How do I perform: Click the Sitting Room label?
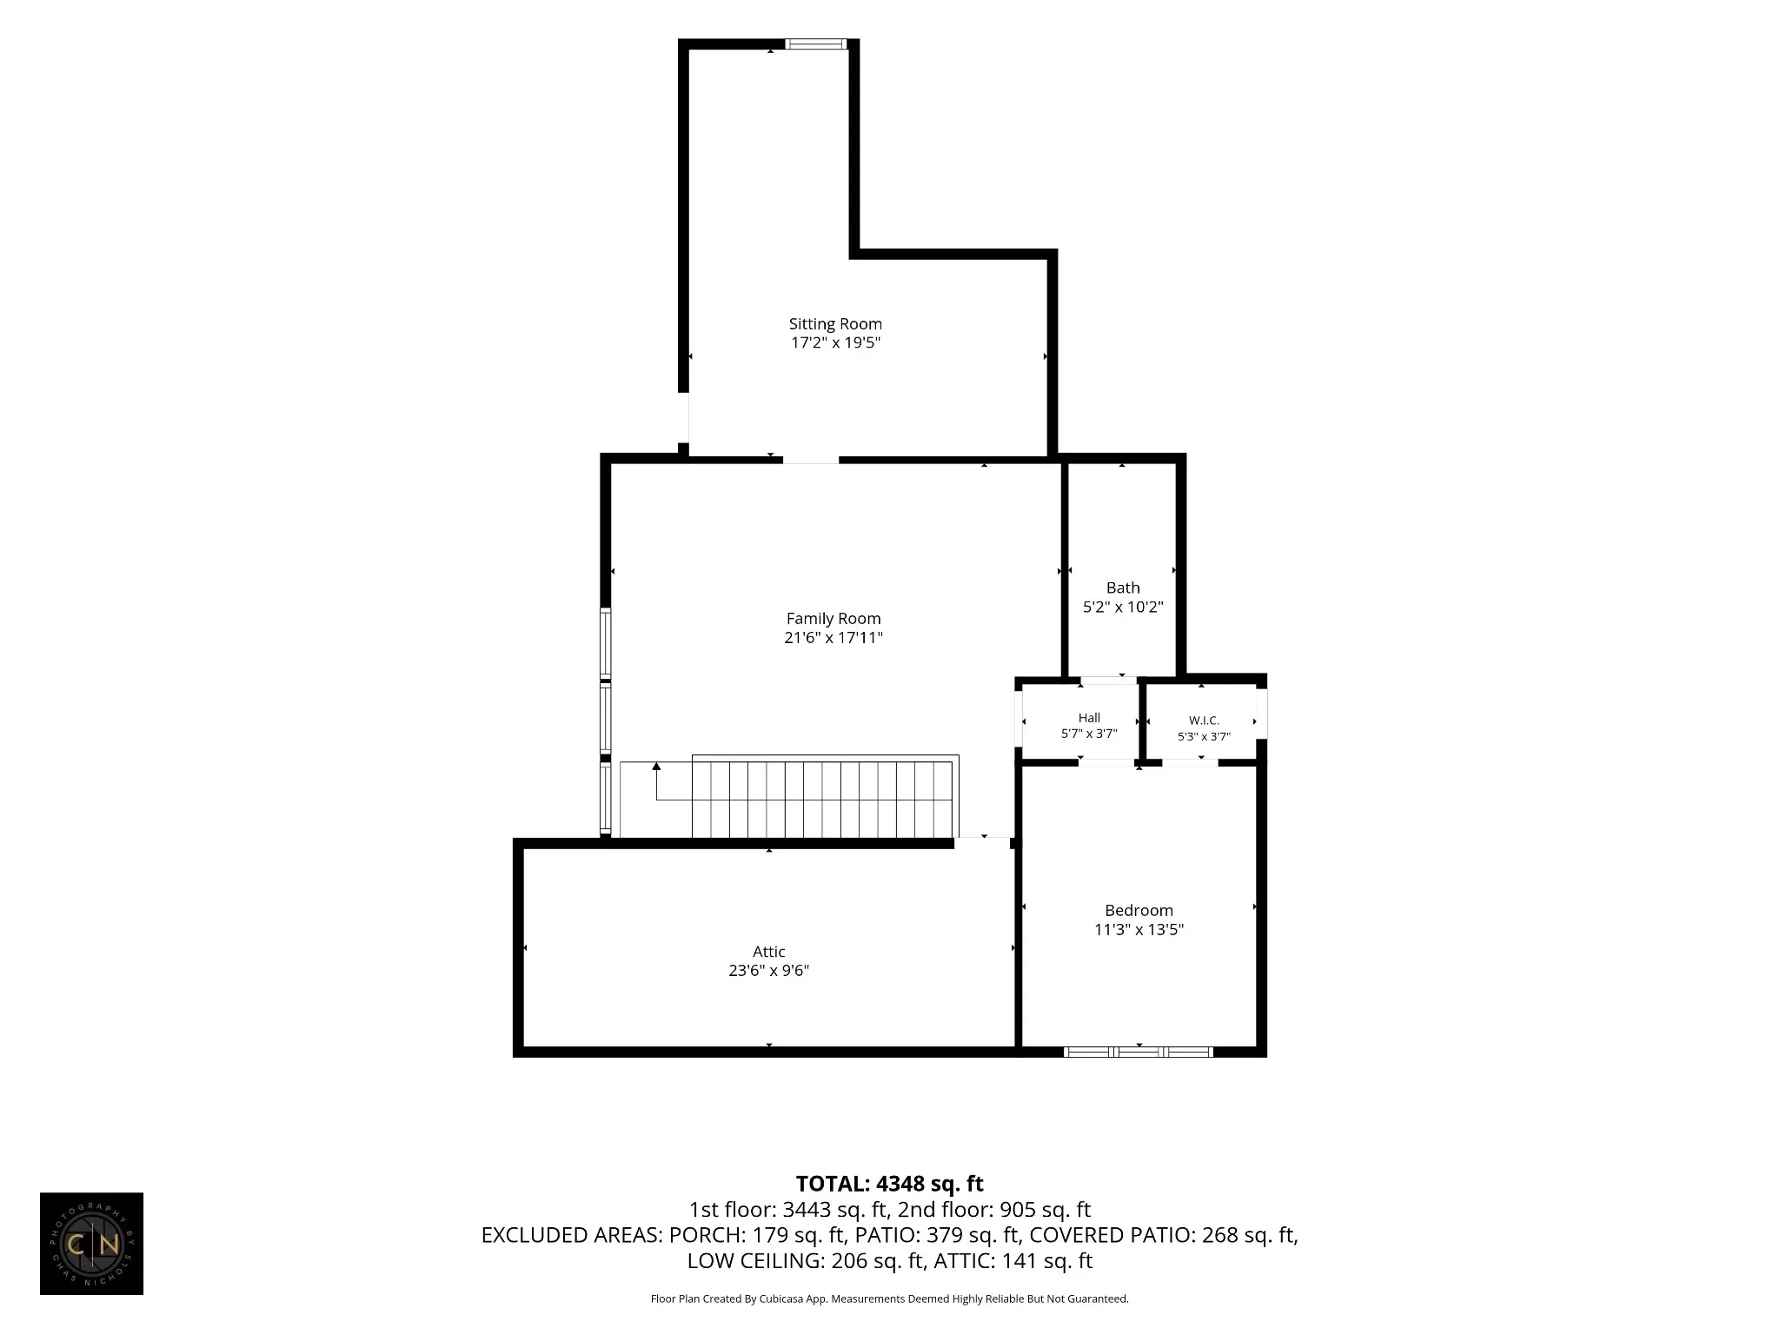[835, 324]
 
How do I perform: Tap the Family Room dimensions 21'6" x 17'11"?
[834, 638]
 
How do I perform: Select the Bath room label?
[1123, 588]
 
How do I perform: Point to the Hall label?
[1089, 718]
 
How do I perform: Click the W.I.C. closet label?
[1204, 721]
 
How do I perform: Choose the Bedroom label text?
[1139, 911]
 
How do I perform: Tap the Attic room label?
[769, 952]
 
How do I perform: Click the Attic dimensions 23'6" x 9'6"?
[769, 971]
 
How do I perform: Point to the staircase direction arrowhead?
[656, 766]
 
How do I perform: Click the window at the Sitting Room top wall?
[816, 44]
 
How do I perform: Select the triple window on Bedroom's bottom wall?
[1139, 1052]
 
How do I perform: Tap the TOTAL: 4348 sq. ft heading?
[889, 1184]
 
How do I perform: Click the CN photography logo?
[91, 1244]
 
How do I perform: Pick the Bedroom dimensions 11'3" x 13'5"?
[1139, 930]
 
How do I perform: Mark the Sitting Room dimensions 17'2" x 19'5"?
[835, 343]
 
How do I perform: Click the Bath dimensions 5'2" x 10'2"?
[1123, 608]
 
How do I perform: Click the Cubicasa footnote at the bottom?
[889, 1299]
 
